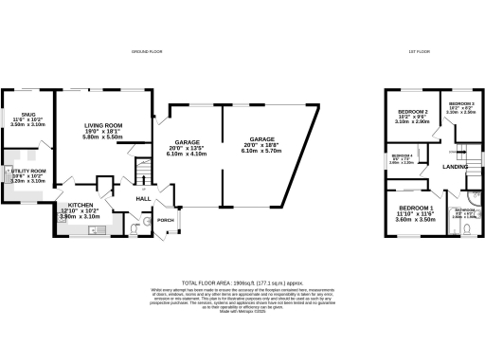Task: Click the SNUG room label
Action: [x=17, y=116]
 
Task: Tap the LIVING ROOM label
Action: [x=103, y=124]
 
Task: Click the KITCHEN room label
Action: [x=79, y=206]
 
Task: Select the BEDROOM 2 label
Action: [x=414, y=112]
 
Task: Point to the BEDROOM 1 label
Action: [x=417, y=207]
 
